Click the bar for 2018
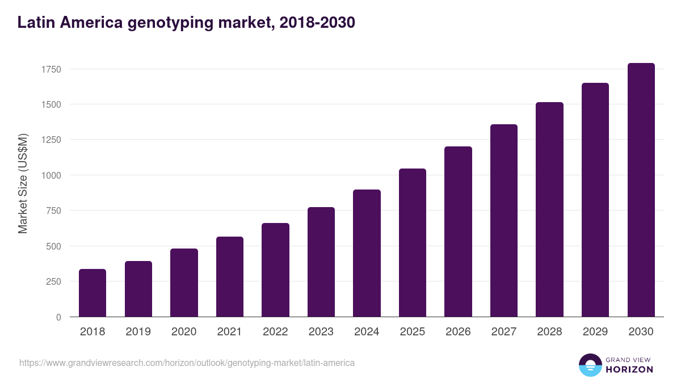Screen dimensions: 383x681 coord(93,293)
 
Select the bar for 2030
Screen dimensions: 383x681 coord(641,190)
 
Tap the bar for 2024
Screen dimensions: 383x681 coord(367,253)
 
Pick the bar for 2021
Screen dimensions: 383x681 coord(230,277)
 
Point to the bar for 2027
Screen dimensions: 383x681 coord(504,221)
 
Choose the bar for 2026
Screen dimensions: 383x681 coord(458,232)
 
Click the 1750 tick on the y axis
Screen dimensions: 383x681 coord(51,69)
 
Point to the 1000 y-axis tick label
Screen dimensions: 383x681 coord(51,175)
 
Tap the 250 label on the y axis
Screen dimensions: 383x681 coord(53,281)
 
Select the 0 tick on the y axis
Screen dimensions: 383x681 coord(59,317)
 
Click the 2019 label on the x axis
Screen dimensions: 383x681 coord(138,332)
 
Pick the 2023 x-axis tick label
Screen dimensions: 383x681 coord(321,332)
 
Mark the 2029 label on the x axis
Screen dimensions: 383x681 coord(595,332)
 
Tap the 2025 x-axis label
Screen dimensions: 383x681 coord(413,332)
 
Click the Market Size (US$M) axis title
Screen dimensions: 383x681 coord(23,183)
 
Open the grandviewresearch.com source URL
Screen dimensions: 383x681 coord(187,363)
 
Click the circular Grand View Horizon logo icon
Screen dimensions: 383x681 coord(590,365)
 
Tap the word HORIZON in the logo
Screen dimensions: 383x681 coord(629,369)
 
